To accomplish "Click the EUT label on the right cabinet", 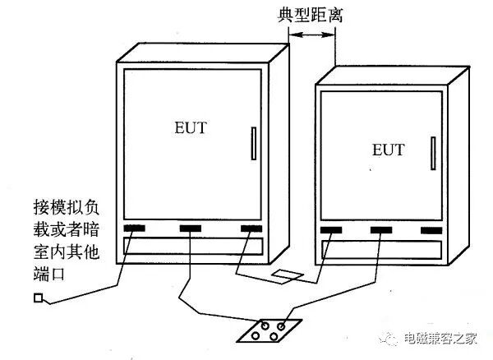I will tap(388, 150).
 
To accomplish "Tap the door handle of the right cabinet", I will tap(432, 155).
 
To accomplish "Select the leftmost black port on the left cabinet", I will tap(136, 227).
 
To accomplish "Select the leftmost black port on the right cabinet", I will tap(331, 230).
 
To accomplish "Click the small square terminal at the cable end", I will tap(38, 298).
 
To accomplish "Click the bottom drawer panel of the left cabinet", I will tap(192, 245).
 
